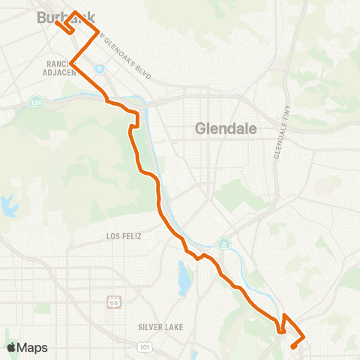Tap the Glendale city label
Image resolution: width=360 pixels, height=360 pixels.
pos(226,128)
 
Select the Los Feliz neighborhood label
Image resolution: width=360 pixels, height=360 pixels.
pos(124,235)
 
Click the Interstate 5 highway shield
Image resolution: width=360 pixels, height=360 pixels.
pos(99,68)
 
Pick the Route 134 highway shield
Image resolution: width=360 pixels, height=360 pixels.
pos(37,101)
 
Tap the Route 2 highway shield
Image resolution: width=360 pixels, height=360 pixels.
pos(223,243)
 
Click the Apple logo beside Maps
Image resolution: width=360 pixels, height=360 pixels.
pos(10,347)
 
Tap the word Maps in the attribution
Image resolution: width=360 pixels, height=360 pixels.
pos(32,347)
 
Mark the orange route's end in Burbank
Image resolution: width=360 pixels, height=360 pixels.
pos(57,11)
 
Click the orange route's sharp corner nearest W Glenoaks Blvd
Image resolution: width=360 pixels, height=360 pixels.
pos(98,32)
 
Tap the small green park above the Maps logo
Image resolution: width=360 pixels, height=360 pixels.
pos(10,331)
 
